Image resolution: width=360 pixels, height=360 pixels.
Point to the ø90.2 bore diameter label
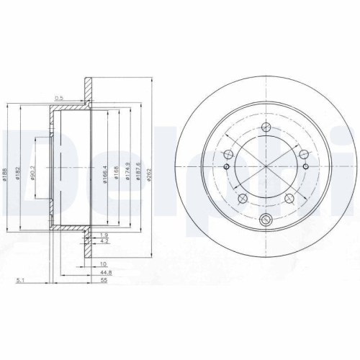pyautogui.click(x=36, y=176)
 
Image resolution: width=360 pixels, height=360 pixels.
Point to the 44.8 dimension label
pyautogui.click(x=105, y=273)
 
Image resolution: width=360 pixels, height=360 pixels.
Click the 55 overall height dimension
pyautogui.click(x=105, y=282)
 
